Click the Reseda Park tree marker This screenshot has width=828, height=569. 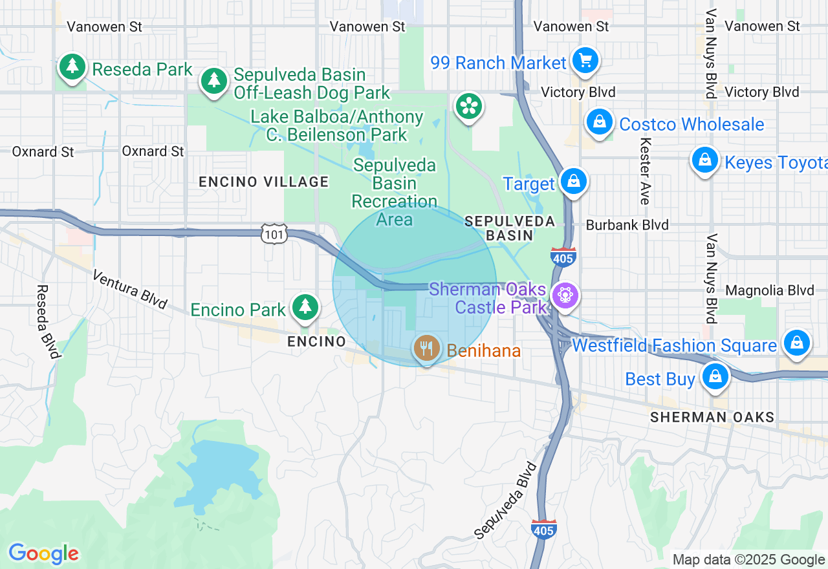point(72,67)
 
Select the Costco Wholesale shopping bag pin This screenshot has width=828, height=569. point(600,122)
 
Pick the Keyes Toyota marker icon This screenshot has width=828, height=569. point(705,160)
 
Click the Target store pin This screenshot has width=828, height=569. point(573,182)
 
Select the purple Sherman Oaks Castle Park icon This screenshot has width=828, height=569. point(565,296)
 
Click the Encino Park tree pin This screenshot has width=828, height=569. point(304,308)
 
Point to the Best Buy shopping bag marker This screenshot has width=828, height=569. point(715,376)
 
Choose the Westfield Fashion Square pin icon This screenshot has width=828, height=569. point(797,343)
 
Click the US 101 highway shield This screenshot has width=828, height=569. point(274,234)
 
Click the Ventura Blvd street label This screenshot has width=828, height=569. point(129,289)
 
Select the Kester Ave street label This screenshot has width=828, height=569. point(645,171)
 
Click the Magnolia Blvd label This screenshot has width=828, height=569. point(769,291)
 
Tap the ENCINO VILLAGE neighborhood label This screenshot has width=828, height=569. point(264,182)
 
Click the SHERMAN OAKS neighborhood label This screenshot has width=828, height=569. point(712,417)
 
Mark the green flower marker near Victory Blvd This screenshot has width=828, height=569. point(469,107)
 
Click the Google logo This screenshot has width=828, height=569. point(43,553)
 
